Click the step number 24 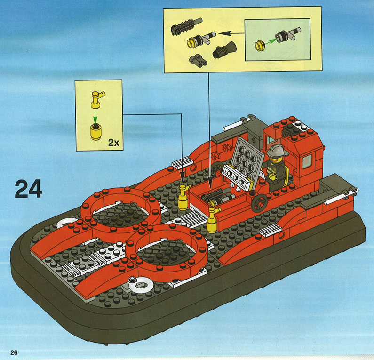[x=28, y=189]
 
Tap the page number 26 [x=14, y=352]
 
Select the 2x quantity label [x=113, y=143]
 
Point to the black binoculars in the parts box [x=198, y=60]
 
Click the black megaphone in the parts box [x=224, y=49]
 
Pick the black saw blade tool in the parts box [x=186, y=26]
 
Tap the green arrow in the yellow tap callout [x=95, y=116]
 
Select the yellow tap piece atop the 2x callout [x=97, y=100]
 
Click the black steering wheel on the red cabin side [x=259, y=203]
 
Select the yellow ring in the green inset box [x=260, y=46]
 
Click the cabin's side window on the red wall [x=307, y=161]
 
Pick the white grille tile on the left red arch [x=182, y=162]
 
